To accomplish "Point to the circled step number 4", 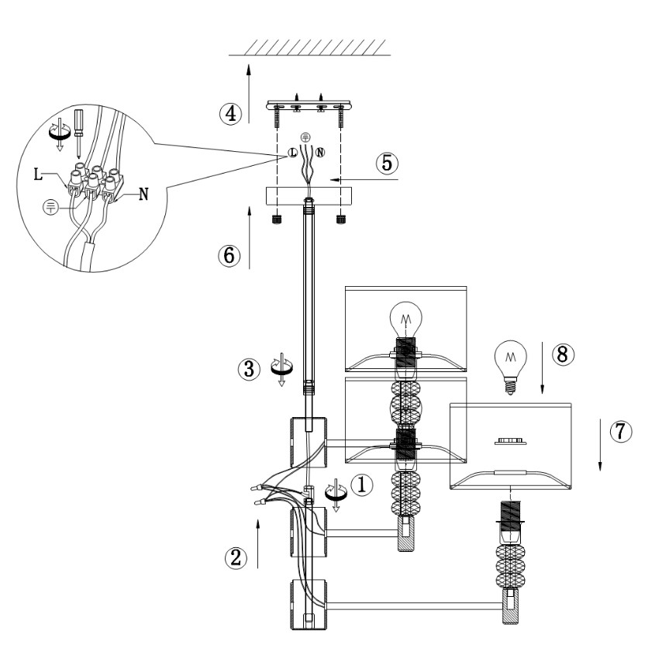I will coord(228,113).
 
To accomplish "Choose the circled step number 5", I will coord(388,164).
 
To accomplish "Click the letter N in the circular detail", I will coord(144,195).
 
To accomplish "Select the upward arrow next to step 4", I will coord(249,93).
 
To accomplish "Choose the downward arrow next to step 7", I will coord(601,442).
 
